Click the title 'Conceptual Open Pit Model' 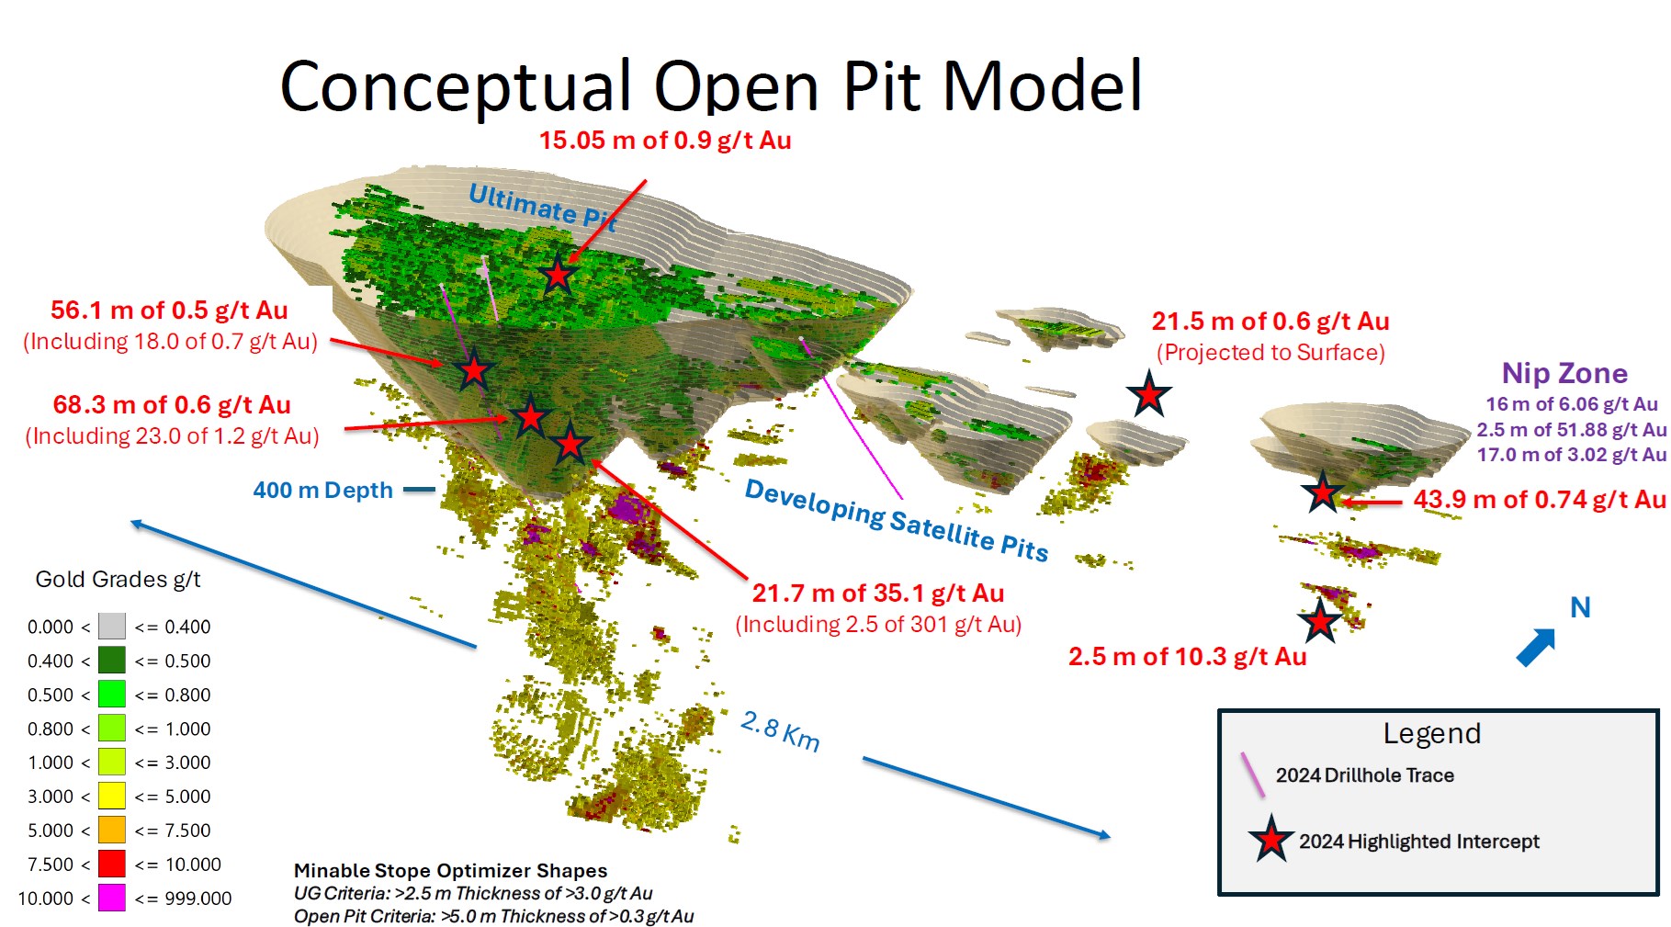[711, 85]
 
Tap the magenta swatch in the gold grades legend [112, 898]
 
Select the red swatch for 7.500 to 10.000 [112, 864]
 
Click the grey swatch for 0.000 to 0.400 [112, 627]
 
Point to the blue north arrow [1536, 647]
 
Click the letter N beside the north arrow [1580, 607]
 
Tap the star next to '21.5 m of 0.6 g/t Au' [1149, 395]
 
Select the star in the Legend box [1271, 839]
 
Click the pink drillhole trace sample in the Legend [1253, 775]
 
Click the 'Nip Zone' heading [1564, 373]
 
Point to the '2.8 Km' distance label [780, 731]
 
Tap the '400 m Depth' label [322, 490]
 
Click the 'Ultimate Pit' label [542, 207]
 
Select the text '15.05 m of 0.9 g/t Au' [665, 141]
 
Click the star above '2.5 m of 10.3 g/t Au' [1320, 622]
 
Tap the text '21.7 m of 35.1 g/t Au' [878, 594]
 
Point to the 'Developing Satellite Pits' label [897, 520]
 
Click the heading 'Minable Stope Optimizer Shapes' [450, 870]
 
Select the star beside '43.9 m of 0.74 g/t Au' [1323, 492]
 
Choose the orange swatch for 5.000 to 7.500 [112, 830]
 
